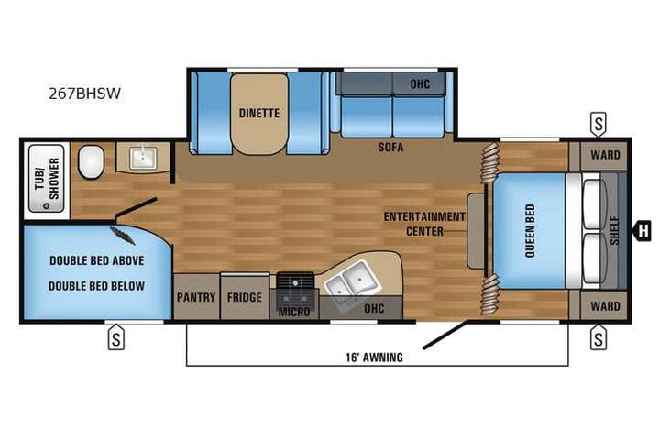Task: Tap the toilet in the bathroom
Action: coord(90,163)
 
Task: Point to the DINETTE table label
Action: coord(259,114)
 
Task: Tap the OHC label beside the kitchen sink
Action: coord(374,309)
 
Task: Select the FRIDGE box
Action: coord(245,297)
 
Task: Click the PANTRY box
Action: coord(196,297)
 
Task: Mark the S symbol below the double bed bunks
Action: coord(116,339)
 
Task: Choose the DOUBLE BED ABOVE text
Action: coord(97,260)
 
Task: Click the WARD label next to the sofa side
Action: coord(604,154)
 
